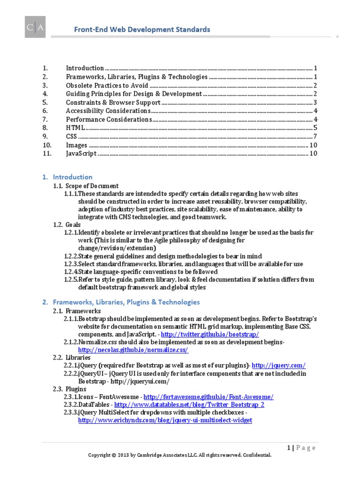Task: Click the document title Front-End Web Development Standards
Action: tap(142, 30)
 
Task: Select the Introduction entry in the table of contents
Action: tap(85, 68)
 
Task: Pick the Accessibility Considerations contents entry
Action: tap(108, 111)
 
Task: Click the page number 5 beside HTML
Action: tap(316, 128)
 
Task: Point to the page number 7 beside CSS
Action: tap(316, 136)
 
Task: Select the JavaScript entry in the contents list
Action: tap(81, 153)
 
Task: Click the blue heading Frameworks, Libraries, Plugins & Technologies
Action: tap(126, 302)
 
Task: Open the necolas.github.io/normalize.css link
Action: tap(133, 350)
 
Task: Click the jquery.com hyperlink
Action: tap(279, 365)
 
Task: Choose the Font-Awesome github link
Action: tap(208, 397)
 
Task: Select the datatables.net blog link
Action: tap(189, 405)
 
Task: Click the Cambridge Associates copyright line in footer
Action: tap(180, 455)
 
